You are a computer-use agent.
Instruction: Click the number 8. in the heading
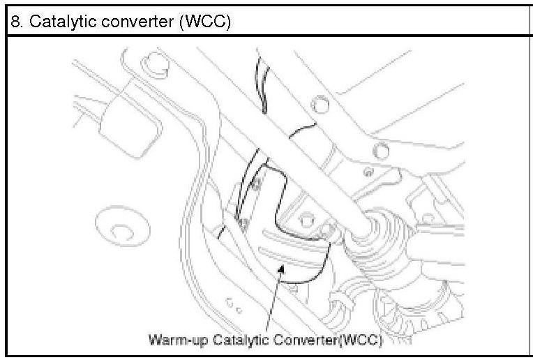(16, 22)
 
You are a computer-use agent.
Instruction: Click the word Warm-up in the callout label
(172, 340)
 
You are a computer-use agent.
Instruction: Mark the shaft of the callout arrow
(272, 300)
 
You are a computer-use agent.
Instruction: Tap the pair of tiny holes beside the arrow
(234, 305)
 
